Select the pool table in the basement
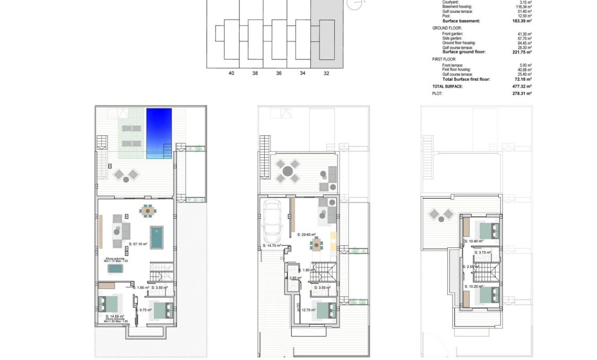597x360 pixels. [x=157, y=237]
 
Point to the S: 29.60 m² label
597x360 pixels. [x=307, y=234]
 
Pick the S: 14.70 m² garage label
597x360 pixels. [x=273, y=246]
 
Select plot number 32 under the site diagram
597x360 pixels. [x=326, y=73]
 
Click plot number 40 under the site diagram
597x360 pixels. [x=231, y=73]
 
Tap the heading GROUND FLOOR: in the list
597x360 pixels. [x=447, y=28]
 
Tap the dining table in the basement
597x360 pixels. [x=148, y=211]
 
